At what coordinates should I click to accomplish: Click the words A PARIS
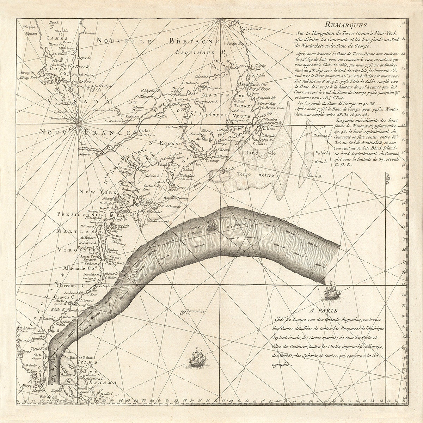[x=325, y=311]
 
